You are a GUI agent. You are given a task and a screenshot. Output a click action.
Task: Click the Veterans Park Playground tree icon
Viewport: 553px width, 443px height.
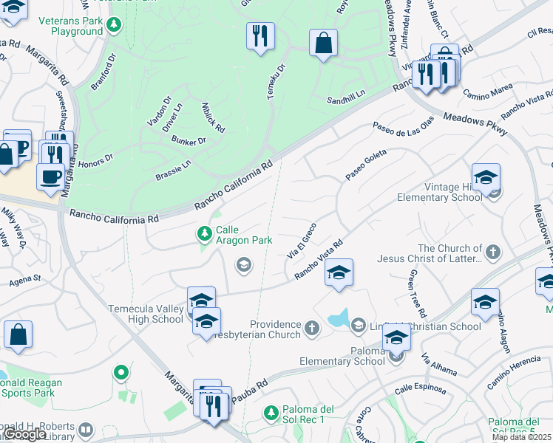coord(113,27)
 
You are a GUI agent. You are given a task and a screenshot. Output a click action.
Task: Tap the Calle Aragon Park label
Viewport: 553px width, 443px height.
coord(244,236)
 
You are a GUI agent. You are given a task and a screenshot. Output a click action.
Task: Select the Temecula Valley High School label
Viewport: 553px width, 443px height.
coord(146,314)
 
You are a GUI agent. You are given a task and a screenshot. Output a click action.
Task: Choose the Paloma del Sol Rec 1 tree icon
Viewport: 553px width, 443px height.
coord(271,412)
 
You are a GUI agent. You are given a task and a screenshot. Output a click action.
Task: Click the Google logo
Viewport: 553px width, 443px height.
coord(25,434)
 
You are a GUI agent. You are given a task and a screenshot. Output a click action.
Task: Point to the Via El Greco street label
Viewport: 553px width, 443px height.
coord(301,240)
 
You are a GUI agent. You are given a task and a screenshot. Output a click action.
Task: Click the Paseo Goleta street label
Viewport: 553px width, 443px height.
coord(366,165)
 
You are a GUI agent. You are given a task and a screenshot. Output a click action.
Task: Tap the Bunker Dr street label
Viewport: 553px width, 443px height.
coord(189,140)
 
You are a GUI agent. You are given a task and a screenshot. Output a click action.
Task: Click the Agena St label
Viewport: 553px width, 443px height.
coord(25,281)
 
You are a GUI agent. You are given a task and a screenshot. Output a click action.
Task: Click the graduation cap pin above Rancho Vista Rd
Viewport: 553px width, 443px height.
coord(339,273)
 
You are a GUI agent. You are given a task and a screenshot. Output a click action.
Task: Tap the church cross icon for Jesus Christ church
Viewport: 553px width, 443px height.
coord(493,253)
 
